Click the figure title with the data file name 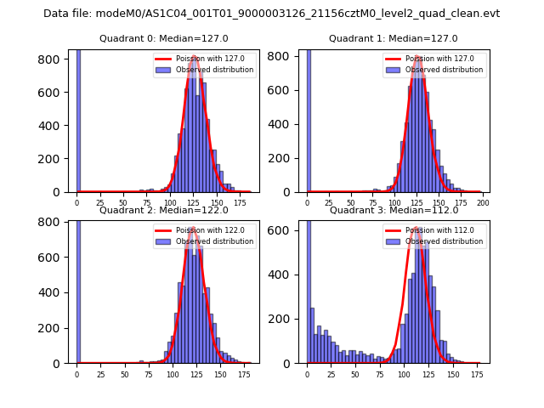271,14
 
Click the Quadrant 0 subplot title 163,38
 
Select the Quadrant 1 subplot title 393,38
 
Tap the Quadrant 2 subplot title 163,210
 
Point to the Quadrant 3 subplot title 393,210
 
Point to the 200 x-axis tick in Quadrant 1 483,205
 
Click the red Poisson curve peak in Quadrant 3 415,229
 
